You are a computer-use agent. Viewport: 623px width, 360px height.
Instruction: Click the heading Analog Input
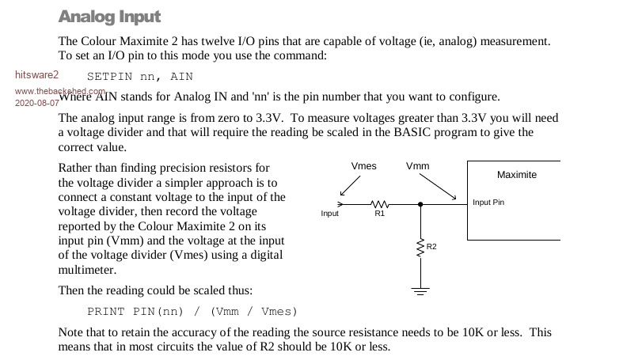(109, 17)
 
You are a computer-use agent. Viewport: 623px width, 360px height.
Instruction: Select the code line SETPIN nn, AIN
(139, 77)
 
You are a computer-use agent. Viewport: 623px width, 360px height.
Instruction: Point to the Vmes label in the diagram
(363, 166)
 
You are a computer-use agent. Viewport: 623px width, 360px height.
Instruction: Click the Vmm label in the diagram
(417, 166)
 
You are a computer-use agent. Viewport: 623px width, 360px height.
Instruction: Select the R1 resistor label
(379, 214)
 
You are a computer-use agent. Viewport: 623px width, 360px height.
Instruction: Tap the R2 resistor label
(431, 247)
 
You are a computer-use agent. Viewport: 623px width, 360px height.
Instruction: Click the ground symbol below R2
(420, 290)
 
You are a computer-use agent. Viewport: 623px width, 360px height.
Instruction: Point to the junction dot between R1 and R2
(420, 204)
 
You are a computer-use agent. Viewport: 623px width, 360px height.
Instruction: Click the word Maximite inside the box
(516, 174)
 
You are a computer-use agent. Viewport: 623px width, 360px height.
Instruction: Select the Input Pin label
(488, 203)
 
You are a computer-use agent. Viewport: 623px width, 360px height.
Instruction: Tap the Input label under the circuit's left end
(330, 214)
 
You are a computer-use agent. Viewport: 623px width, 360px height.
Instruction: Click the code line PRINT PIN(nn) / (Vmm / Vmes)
(192, 311)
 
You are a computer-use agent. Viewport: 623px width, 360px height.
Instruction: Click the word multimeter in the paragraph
(86, 270)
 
